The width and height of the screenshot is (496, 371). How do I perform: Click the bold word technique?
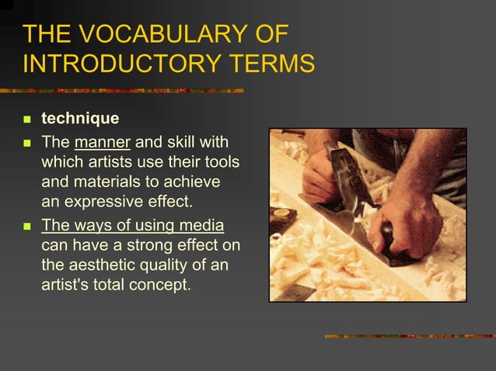click(x=80, y=120)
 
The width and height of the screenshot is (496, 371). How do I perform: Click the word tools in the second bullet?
click(x=220, y=164)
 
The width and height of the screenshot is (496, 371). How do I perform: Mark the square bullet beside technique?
click(x=26, y=120)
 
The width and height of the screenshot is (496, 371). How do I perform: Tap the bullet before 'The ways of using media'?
click(x=26, y=227)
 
